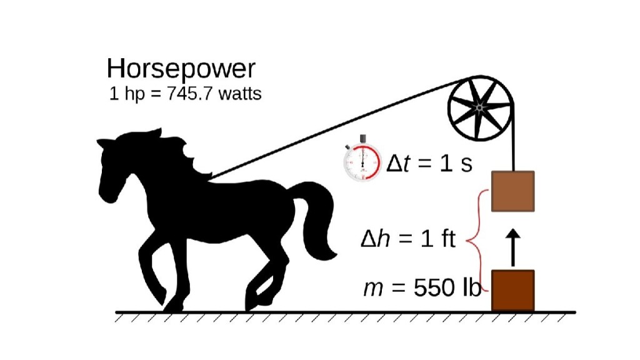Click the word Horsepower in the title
(181, 69)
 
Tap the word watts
(240, 94)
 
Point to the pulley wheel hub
(479, 107)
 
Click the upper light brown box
(512, 191)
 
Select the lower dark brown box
(512, 290)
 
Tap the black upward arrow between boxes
(513, 247)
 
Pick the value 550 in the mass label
(434, 287)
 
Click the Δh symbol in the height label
(376, 238)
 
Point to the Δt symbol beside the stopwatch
(398, 163)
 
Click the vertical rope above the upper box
(513, 139)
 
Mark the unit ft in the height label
(447, 238)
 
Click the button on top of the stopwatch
(363, 139)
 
